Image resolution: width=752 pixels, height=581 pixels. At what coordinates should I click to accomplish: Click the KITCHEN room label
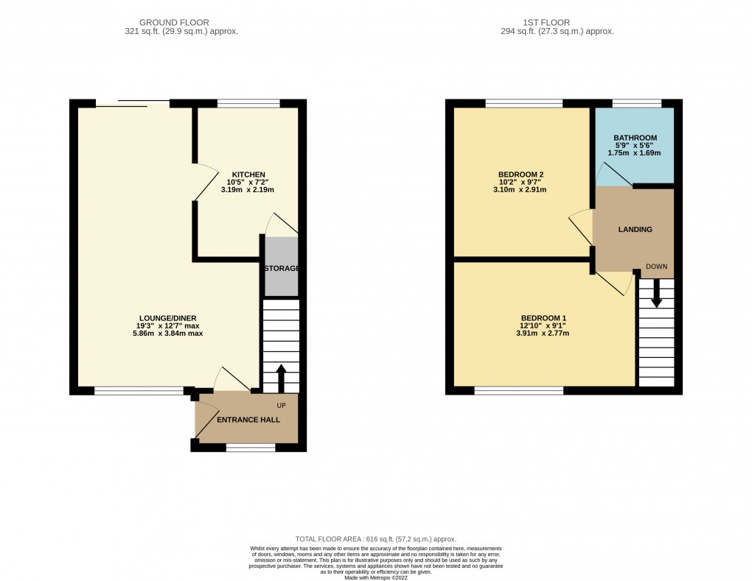pyautogui.click(x=247, y=175)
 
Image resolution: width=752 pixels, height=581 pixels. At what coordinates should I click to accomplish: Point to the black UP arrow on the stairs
pyautogui.click(x=281, y=377)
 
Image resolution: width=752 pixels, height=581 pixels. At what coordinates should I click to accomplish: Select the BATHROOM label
pyautogui.click(x=635, y=138)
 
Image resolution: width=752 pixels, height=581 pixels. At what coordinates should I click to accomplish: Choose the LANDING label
pyautogui.click(x=635, y=230)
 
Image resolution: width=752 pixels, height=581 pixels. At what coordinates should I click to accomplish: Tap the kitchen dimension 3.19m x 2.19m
pyautogui.click(x=247, y=190)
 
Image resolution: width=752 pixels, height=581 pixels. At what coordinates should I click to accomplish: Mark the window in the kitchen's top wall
pyautogui.click(x=248, y=103)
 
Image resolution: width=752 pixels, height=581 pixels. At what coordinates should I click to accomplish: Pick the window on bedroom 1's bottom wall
pyautogui.click(x=519, y=390)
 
